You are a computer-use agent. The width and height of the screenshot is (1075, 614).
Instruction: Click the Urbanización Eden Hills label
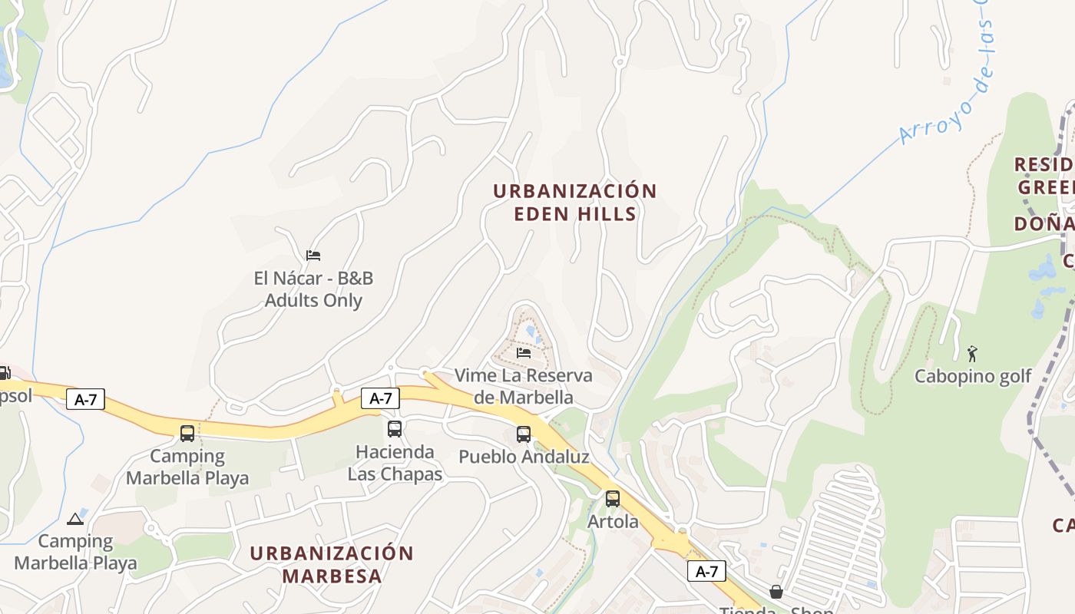pos(575,202)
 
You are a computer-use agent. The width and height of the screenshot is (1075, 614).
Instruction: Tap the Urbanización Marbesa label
pos(332,564)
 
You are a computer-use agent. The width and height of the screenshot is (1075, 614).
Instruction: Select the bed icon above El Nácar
pos(313,255)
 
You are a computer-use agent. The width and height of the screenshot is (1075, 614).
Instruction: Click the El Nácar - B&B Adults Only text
pos(313,289)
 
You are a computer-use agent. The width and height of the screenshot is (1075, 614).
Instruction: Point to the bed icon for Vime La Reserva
pos(524,352)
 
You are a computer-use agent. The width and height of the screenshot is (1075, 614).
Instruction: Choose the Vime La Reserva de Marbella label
pos(524,386)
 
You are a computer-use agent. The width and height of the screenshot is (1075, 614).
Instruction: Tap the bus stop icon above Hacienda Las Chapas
pos(395,429)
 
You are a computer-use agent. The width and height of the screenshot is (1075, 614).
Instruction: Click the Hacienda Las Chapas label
pos(395,463)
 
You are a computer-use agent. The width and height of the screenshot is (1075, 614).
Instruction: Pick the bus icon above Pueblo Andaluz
pos(524,434)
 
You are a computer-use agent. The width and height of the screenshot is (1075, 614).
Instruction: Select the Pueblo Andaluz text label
pos(524,457)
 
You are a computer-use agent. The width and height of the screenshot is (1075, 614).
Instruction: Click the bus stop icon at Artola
pos(613,499)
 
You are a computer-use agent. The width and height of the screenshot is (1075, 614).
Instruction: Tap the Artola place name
pos(613,522)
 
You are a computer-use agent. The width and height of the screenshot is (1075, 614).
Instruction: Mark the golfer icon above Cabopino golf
pos(973,354)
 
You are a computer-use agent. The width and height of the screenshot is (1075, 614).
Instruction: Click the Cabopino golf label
pos(973,376)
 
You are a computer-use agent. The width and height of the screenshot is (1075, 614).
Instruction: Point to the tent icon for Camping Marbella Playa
pos(75,519)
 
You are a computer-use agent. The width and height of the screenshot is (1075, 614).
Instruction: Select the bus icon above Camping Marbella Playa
pos(187,433)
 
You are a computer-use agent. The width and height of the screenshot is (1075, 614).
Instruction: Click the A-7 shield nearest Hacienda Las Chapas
pos(381,398)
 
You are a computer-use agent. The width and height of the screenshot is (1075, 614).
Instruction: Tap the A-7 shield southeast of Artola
pos(706,571)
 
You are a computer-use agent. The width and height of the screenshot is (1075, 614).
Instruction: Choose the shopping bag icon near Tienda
pos(776,592)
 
